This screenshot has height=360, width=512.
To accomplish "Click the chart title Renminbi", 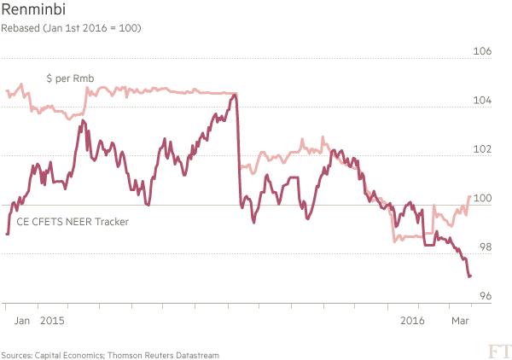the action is pos(33,9).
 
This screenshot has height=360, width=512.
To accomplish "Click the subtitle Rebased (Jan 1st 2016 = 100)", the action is pos(71,28).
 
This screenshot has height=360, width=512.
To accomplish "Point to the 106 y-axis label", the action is pos(482,51).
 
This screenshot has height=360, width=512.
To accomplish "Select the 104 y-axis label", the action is pos(482,100).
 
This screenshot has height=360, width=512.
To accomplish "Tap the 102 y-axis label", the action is pos(482,149).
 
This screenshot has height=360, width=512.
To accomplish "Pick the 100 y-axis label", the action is pos(482,198).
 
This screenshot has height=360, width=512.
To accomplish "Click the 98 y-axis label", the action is pos(486,247).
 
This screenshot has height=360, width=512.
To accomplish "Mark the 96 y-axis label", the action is pos(486,296).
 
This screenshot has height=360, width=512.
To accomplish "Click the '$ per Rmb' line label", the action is pos(70,78).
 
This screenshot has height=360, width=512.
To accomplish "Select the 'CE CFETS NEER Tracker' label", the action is pos(73,222).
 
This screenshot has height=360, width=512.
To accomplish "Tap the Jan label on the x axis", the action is pos(22,321).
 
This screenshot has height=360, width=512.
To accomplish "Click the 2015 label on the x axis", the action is pos(52,321).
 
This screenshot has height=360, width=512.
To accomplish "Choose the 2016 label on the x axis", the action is pos(412,321).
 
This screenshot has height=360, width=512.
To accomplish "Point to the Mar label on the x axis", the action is pos(460,321).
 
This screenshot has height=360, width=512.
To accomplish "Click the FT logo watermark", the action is pos(499,351).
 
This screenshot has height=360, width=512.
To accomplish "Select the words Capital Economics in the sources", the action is pos(69,355).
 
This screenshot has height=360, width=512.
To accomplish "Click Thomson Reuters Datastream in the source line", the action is pos(163,355).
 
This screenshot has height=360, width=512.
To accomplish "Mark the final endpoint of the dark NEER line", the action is pos(470,276).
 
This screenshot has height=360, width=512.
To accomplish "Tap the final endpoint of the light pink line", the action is pos(470,196).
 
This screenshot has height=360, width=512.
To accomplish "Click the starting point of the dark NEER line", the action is pos(7,234).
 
